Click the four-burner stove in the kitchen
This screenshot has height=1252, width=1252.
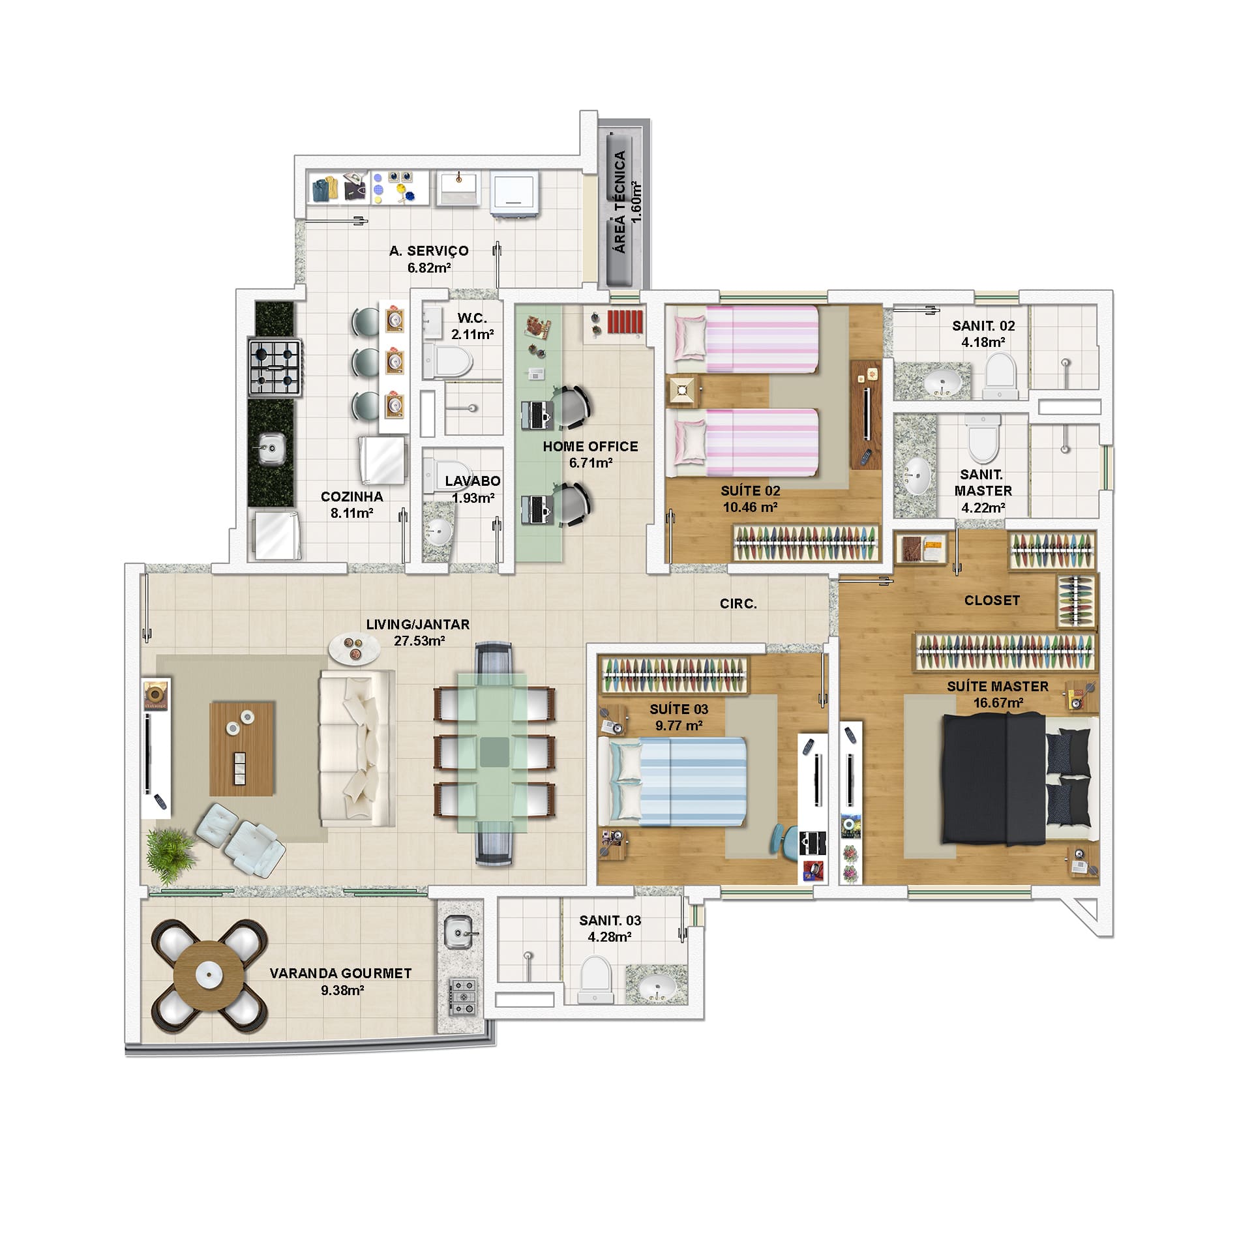tap(274, 367)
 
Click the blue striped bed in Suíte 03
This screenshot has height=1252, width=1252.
tap(678, 781)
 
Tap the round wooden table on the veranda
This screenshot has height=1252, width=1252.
tap(209, 976)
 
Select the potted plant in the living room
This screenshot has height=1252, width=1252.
tap(170, 849)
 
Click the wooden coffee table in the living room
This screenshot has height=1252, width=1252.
tap(242, 748)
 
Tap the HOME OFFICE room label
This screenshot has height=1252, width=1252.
tap(590, 447)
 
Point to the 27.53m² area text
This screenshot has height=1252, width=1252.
tap(419, 640)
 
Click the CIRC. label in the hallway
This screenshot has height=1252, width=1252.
tap(738, 604)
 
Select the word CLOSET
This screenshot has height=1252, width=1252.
tap(992, 600)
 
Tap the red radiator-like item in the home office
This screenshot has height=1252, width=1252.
tap(625, 321)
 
